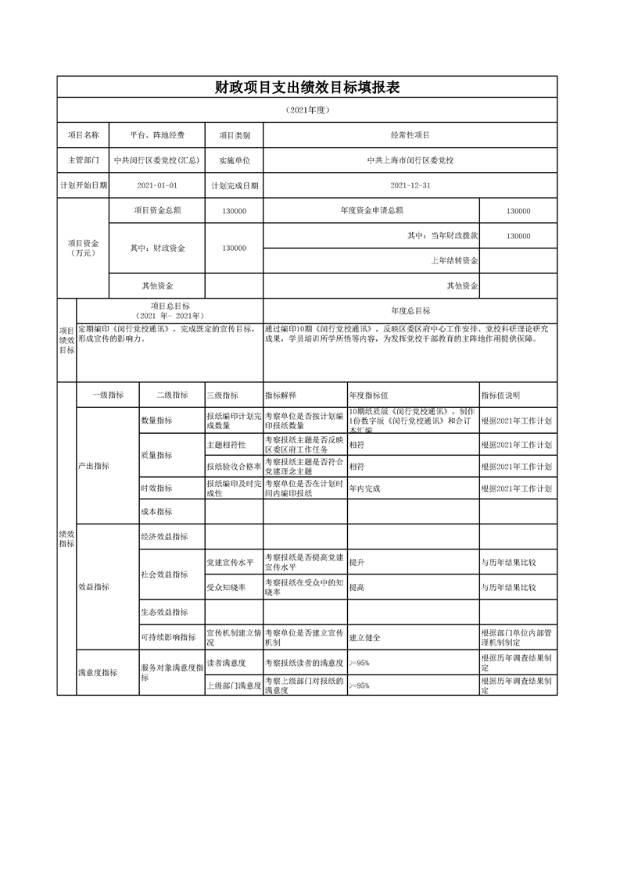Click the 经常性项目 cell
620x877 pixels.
[x=410, y=135]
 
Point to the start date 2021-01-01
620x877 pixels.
[x=157, y=186]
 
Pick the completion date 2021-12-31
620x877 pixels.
[x=410, y=186]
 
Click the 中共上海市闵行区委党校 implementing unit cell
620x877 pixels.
[x=410, y=160]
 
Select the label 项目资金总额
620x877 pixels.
[x=157, y=210]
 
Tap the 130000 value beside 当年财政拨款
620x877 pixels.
[x=518, y=236]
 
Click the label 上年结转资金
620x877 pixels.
[x=454, y=260]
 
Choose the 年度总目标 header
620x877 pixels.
[x=410, y=310]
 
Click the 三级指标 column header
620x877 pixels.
[x=222, y=396]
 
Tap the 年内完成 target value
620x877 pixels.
[x=364, y=489]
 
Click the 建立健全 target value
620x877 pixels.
[x=364, y=638]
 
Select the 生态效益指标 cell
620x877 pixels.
[x=164, y=612]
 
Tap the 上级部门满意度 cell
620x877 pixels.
[x=233, y=685]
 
